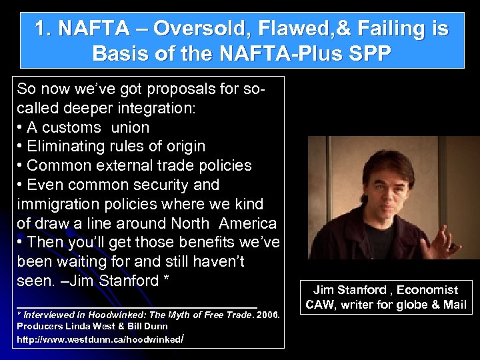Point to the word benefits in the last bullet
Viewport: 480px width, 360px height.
pos(194,241)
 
